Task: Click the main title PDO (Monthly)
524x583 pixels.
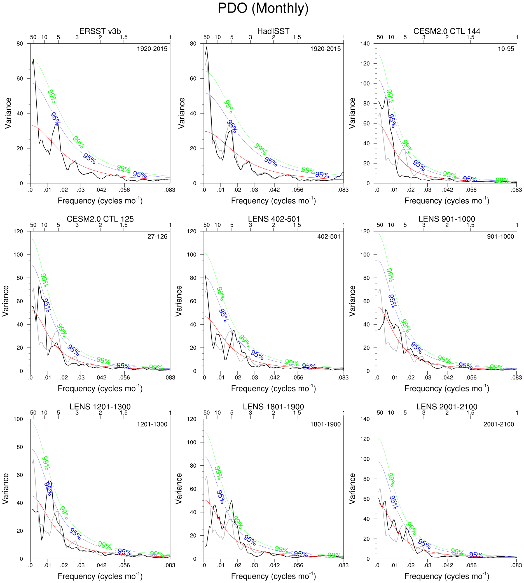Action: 263,8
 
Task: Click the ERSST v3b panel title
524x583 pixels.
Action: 100,31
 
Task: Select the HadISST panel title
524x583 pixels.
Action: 273,31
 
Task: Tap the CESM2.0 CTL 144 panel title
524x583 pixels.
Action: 446,31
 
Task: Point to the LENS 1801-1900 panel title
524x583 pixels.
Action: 273,407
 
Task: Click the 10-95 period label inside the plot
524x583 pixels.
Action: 506,49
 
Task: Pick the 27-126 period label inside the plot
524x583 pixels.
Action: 157,237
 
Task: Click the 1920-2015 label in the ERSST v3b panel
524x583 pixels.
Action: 152,49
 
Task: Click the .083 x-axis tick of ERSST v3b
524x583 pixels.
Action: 170,190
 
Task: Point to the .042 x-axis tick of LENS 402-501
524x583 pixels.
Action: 274,378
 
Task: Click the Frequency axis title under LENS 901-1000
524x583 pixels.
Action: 446,389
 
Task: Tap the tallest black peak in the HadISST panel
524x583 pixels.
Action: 206,47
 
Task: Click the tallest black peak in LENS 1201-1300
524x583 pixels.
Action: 50,481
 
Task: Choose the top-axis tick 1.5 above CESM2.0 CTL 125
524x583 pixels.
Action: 123,225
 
